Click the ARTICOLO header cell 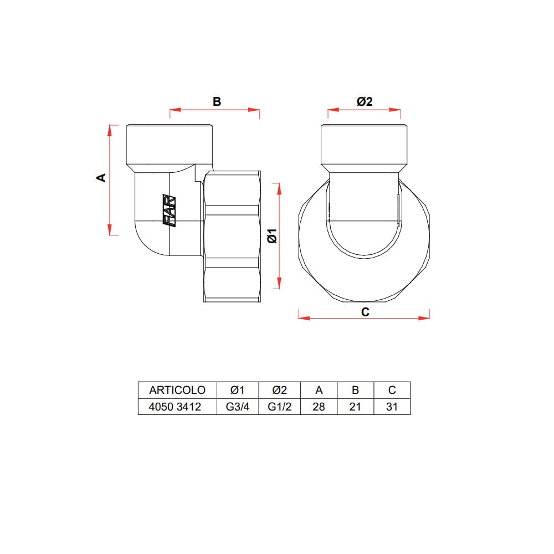[177, 390]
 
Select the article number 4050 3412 [175, 407]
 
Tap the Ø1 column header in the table [238, 390]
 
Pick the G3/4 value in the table [238, 407]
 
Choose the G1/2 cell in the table [279, 407]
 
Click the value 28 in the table [319, 407]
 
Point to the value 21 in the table [355, 407]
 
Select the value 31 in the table [392, 407]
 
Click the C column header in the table [392, 390]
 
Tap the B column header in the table [356, 390]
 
